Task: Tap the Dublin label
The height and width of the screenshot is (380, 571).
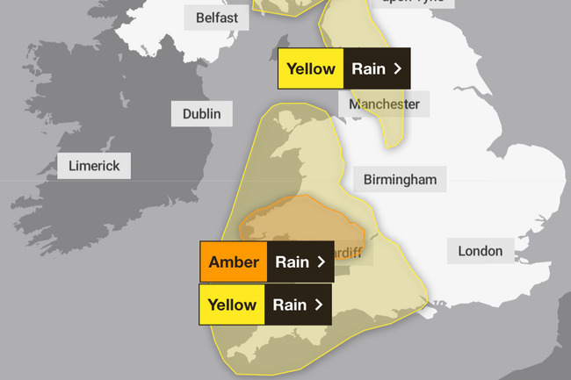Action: (x=202, y=114)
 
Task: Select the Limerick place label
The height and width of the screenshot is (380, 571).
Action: (x=94, y=166)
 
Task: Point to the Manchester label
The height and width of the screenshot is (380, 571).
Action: (x=384, y=104)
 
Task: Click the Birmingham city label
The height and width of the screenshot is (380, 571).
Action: (x=400, y=181)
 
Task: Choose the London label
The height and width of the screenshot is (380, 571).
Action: (x=481, y=251)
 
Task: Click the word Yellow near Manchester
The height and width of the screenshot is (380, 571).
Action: (x=310, y=69)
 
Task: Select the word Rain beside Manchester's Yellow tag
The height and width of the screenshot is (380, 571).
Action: (x=367, y=69)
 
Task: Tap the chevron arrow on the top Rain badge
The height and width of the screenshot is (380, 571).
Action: (x=398, y=69)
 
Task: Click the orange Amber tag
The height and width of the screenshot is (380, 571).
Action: (x=234, y=262)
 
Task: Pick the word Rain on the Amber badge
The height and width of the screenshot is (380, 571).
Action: (x=292, y=262)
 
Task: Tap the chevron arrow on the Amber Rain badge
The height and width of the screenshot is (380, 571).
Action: (x=322, y=262)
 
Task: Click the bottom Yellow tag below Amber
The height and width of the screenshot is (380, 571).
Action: (x=232, y=305)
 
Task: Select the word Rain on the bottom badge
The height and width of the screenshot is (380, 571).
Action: (x=290, y=305)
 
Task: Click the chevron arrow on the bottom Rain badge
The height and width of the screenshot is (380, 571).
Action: (x=320, y=305)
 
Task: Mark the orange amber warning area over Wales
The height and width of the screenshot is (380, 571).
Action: (x=299, y=219)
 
